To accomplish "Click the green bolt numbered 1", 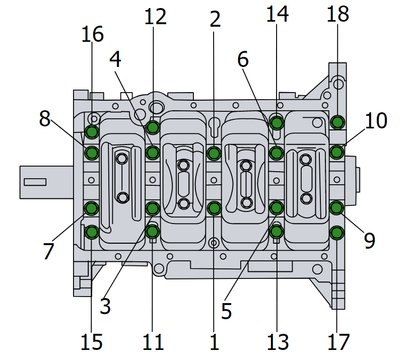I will [214, 207].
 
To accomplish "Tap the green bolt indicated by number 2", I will [214, 152].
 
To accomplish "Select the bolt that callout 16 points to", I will [92, 132].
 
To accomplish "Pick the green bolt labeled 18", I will [337, 122].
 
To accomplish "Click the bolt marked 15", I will [92, 232].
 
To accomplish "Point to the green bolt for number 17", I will [337, 232].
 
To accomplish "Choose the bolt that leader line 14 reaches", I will [276, 122].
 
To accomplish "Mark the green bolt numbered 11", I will [153, 232].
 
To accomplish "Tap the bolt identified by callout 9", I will [337, 207].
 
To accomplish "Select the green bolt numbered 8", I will [92, 152].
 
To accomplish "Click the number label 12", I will [155, 17].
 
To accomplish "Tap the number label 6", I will [243, 59].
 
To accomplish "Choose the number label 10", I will [376, 121].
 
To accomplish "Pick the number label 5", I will [226, 311].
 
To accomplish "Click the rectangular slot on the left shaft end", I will [35, 181].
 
